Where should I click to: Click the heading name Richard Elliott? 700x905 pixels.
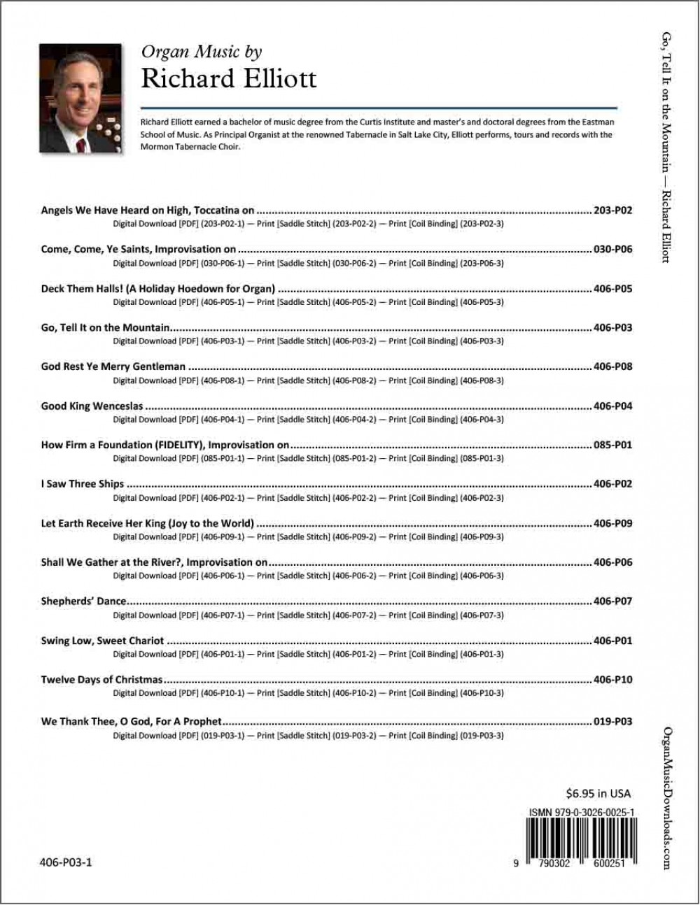pos(229,78)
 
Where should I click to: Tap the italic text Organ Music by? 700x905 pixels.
pos(202,51)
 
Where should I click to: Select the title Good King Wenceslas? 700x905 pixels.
pos(92,406)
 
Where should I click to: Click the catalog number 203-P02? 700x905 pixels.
pos(612,210)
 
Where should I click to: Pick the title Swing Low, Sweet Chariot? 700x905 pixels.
pos(102,641)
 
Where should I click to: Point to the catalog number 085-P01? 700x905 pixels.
pos(612,445)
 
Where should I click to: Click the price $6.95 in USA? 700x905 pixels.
pos(598,793)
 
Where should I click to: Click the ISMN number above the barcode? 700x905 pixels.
pos(582,813)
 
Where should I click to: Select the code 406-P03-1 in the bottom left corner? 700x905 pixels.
pos(66,862)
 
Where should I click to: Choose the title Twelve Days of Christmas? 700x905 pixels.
pos(101,680)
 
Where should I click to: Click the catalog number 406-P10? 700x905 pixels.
pos(612,680)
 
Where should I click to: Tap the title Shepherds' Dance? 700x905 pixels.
pos(83,601)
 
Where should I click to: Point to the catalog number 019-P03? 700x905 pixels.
pos(612,722)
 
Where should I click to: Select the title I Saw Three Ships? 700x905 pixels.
pos(83,484)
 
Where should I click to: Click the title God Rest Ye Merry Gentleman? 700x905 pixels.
pos(113,366)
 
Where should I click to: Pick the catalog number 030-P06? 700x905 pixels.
pos(612,249)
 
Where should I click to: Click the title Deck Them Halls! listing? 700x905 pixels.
pos(157,288)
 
